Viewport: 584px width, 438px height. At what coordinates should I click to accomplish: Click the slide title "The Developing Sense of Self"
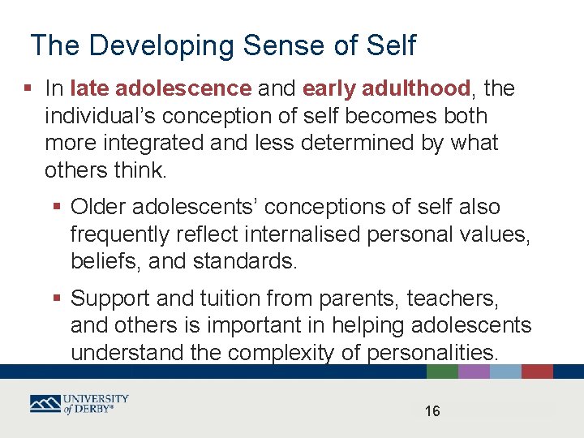[x=222, y=45]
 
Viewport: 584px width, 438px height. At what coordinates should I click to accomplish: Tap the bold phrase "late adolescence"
[x=161, y=88]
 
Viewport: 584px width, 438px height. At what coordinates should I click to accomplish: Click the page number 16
[x=432, y=412]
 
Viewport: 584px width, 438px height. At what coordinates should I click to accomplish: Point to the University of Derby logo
[x=79, y=404]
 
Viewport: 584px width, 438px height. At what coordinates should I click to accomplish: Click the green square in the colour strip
[x=442, y=371]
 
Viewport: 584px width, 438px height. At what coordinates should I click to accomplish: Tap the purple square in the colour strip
[x=474, y=371]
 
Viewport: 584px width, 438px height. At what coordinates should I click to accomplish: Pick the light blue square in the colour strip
[x=505, y=371]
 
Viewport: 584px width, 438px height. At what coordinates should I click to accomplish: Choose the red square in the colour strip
[x=537, y=371]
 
